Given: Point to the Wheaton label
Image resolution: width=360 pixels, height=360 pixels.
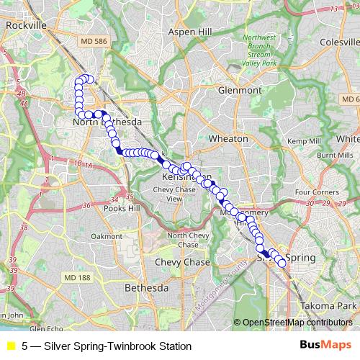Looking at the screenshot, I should pos(228,138).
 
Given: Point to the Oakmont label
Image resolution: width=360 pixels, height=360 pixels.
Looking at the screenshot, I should pos(107,235).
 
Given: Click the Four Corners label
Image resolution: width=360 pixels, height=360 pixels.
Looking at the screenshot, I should pos(316,192).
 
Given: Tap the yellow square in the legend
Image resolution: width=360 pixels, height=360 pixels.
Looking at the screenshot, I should pos(10,346).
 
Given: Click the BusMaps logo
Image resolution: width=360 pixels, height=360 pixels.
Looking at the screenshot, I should pos(325,346).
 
